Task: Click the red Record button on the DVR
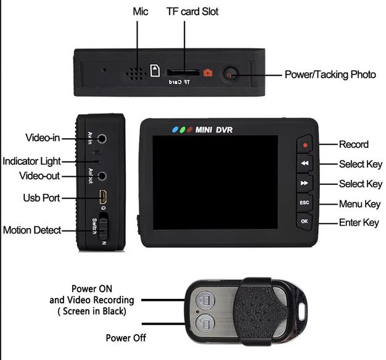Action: (305, 144)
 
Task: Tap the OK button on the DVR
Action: (305, 221)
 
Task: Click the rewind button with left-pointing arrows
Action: (305, 163)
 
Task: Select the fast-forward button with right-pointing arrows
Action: (305, 183)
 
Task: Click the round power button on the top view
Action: (231, 75)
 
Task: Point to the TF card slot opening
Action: (183, 73)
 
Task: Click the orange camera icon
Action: (208, 73)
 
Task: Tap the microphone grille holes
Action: (134, 74)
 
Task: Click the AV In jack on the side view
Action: (102, 139)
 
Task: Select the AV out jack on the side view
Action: (102, 176)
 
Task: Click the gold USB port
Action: (103, 197)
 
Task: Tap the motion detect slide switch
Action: (103, 226)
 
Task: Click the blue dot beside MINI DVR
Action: (175, 129)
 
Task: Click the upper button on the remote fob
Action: (205, 300)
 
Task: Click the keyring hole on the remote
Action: (302, 311)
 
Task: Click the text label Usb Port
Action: (41, 198)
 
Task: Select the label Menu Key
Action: (359, 204)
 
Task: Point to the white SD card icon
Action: (155, 71)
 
